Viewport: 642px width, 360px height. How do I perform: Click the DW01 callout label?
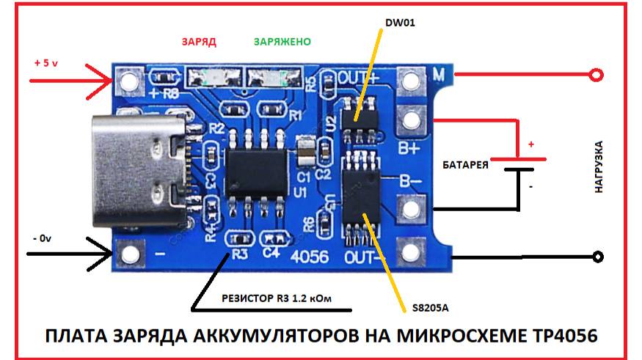point(400,23)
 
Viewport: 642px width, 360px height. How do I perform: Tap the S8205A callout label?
point(430,308)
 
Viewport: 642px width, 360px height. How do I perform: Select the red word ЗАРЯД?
point(199,42)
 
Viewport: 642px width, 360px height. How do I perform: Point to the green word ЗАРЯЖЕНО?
point(282,42)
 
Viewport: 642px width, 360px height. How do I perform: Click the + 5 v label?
point(45,63)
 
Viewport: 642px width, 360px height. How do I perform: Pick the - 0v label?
point(42,238)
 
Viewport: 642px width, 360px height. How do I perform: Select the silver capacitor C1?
point(305,150)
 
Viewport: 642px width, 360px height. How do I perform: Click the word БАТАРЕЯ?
point(465,165)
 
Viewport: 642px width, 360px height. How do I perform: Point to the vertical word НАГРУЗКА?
point(599,167)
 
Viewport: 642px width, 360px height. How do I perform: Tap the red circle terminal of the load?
point(597,76)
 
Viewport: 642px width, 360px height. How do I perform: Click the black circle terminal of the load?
point(598,257)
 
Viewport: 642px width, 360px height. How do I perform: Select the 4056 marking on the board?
point(310,257)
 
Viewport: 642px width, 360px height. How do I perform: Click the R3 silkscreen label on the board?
point(240,254)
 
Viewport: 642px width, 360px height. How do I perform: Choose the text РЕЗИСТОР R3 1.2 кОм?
point(277,298)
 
